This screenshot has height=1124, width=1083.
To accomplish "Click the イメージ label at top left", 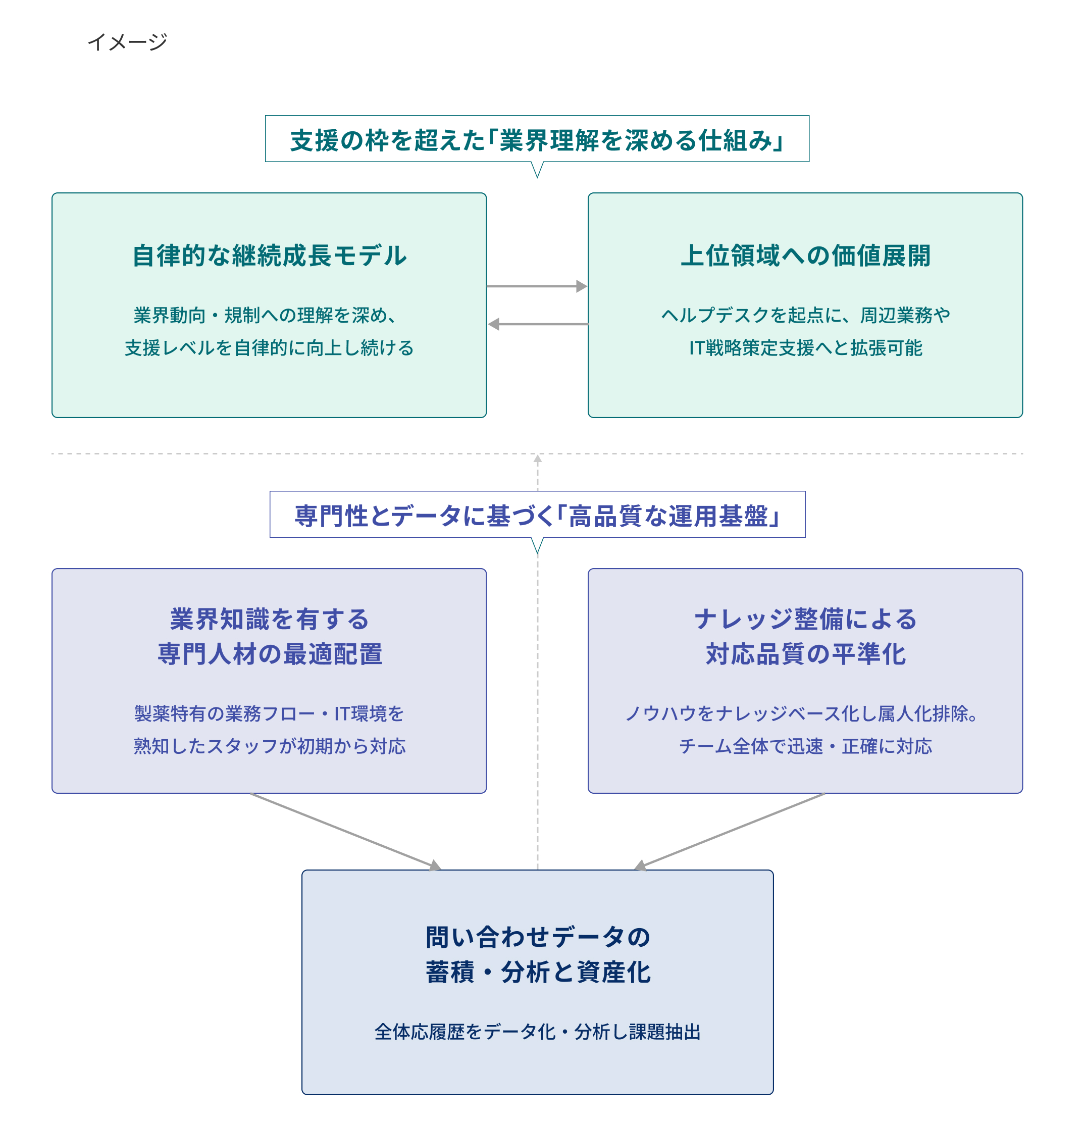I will pos(127,42).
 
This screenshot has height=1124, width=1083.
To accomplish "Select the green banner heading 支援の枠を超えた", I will pos(537,140).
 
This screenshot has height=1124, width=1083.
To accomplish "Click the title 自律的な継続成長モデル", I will pos(270,255).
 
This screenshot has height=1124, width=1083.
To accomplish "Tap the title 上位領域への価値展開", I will pos(805,255).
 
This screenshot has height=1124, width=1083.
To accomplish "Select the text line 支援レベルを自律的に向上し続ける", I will pos(270,348).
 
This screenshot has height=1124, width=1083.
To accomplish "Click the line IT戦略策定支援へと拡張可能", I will pos(805,348).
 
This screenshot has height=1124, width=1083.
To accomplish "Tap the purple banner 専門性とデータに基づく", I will pos(537,516).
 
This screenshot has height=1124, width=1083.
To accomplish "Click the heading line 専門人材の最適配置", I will pos(270,654).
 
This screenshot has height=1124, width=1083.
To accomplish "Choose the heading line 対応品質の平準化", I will pos(805,654).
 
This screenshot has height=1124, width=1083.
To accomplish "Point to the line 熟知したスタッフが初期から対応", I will pos(270,746).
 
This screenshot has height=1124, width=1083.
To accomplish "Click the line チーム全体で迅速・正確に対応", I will pos(805,746).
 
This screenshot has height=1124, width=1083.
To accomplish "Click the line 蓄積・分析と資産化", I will pos(537,973).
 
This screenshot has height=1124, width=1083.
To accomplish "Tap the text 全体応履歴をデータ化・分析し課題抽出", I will pos(537,1032).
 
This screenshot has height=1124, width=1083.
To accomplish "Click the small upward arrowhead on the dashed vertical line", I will pos(538,459).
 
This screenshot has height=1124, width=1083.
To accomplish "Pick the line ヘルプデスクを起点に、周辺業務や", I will pos(805,316).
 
